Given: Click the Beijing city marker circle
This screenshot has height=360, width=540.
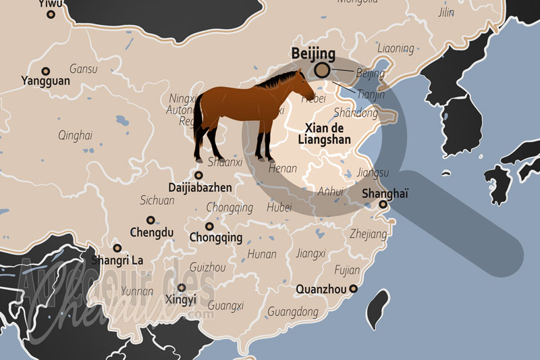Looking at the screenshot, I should [323, 69].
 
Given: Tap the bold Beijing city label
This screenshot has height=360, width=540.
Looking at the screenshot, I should [313, 53].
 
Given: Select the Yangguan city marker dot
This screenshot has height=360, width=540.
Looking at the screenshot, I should [46, 71].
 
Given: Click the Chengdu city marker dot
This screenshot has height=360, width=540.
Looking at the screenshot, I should [151, 220].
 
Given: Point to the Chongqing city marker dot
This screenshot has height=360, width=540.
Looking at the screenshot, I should [210, 226].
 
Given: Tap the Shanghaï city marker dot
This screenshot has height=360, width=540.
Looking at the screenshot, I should [383, 204].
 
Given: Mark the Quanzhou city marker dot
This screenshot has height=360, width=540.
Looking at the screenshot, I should [352, 289].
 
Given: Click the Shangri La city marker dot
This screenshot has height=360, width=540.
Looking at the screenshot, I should [117, 248].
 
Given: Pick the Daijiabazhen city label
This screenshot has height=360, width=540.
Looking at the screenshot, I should [200, 186].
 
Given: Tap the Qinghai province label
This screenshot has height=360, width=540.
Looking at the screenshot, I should [74, 134].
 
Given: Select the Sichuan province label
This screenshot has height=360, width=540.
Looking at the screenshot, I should [157, 200].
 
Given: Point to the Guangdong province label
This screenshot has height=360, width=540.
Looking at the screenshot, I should [293, 311].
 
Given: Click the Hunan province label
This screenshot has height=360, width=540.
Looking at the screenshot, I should [262, 254].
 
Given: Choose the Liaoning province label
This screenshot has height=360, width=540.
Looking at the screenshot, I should [396, 48].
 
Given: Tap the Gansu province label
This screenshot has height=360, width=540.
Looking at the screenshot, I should [84, 69].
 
